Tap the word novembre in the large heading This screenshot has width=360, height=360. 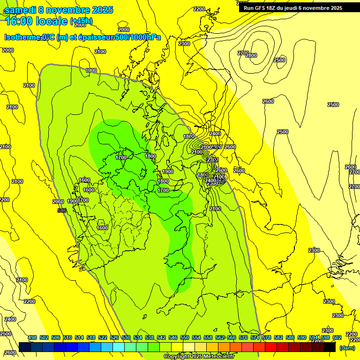pos(69,9)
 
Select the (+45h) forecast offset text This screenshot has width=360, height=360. pos(81,21)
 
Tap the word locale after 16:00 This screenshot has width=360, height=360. pos(52,21)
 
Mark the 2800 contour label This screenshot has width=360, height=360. pos(251,55)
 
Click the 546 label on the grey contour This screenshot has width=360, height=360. pos(61,210)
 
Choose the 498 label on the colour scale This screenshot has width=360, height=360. pos(32,337)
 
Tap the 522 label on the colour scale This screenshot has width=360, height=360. pos(103,337)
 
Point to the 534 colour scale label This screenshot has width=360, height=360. pos(138,337)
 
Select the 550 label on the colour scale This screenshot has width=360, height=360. pos(185,337)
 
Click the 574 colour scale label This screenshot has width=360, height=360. pos(255,337)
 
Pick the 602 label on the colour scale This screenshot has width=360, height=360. pos(337,337)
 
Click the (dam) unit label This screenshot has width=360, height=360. pos(347,348)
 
